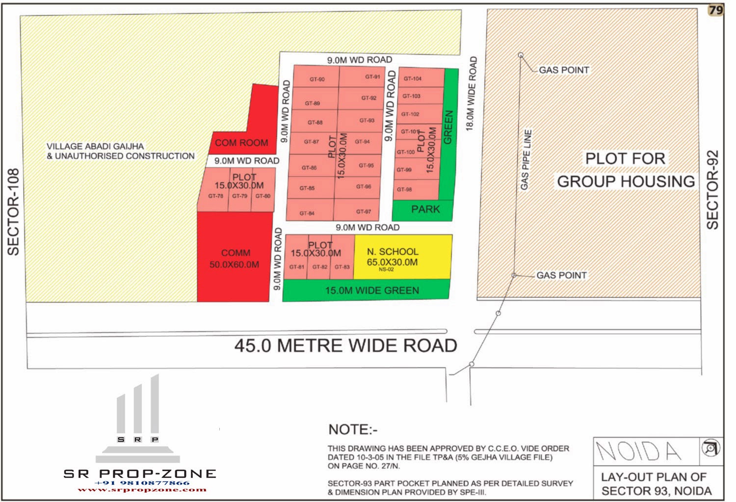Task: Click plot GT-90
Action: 316,79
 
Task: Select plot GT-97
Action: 363,211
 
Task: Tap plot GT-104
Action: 413,79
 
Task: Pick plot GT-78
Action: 215,196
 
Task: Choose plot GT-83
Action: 342,267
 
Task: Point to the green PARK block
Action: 425,210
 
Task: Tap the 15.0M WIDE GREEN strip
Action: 371,291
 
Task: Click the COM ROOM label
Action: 241,143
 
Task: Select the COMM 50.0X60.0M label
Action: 235,259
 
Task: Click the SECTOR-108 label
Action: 13,211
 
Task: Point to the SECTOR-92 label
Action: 712,189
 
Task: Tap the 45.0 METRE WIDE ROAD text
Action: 345,346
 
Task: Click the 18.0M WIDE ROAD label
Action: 472,93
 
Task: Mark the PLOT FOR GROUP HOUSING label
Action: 626,170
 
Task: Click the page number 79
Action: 716,10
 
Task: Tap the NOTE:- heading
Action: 353,429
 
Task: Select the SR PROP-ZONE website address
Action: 142,489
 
